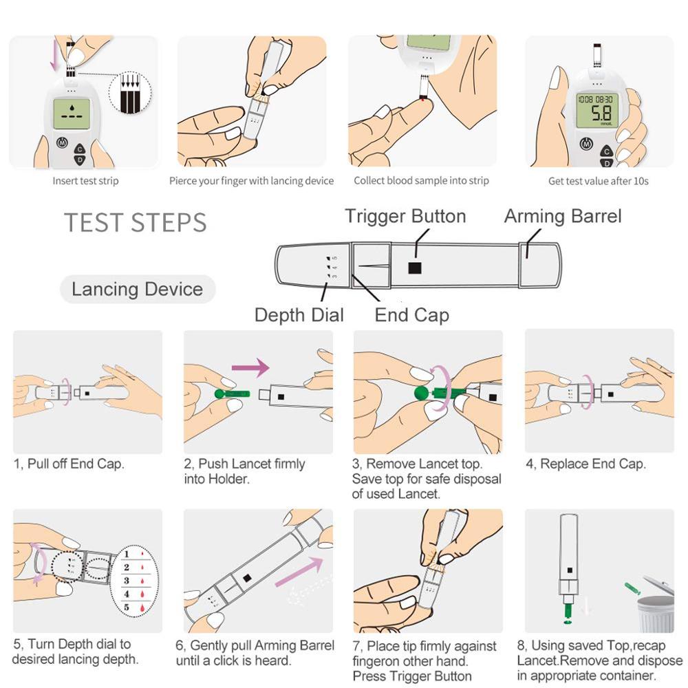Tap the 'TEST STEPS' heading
click(x=136, y=223)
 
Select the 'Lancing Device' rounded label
click(x=138, y=289)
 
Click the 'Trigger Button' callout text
click(x=405, y=216)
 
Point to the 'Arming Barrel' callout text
click(x=563, y=216)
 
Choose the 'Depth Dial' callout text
click(x=299, y=315)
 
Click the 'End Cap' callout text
click(x=411, y=315)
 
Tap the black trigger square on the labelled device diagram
click(x=414, y=268)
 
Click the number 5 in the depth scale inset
click(x=127, y=608)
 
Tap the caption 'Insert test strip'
click(x=85, y=181)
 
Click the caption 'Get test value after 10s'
click(x=598, y=181)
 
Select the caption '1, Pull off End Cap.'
click(x=69, y=464)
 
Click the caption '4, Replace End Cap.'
click(x=585, y=464)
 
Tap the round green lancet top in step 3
click(x=420, y=394)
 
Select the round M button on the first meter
click(x=62, y=144)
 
